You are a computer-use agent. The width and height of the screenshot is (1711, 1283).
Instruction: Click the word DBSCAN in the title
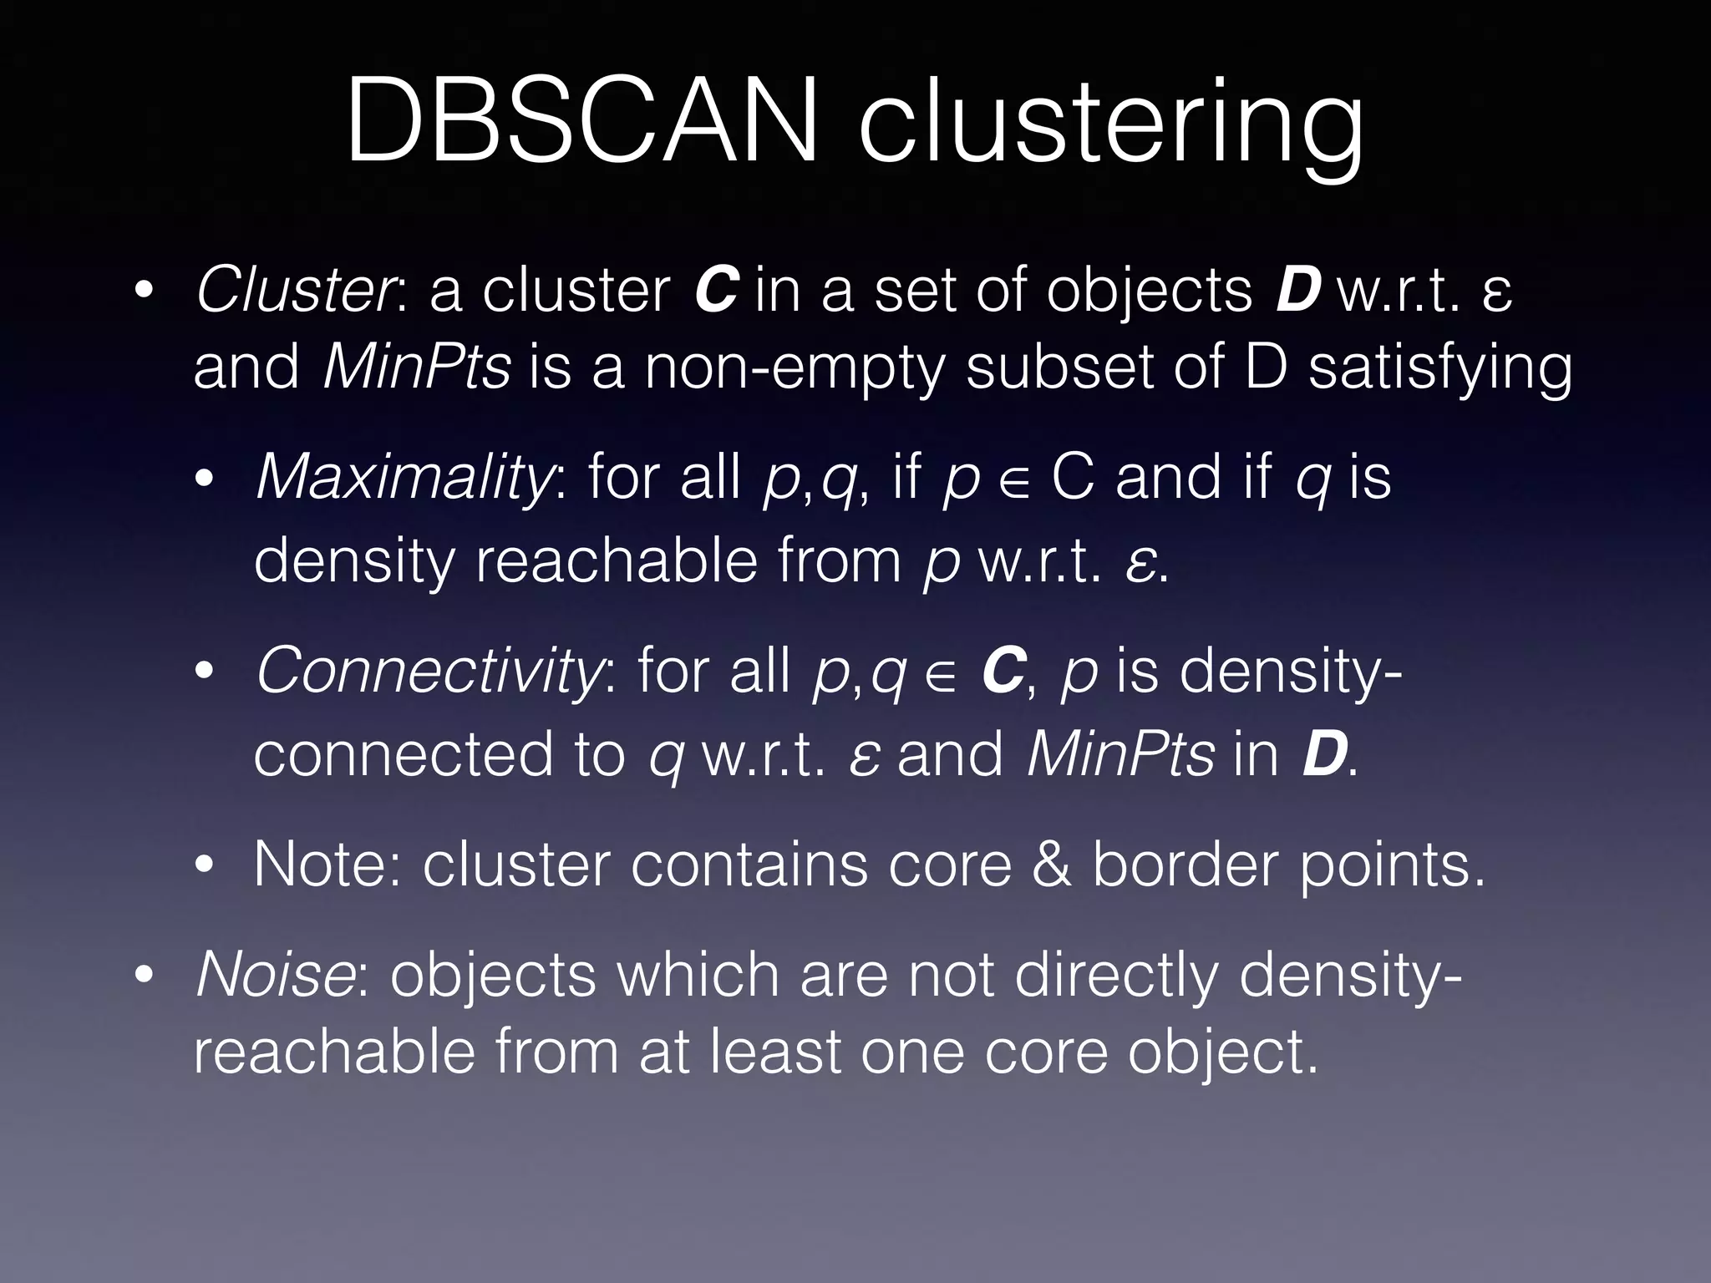[x=581, y=121]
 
